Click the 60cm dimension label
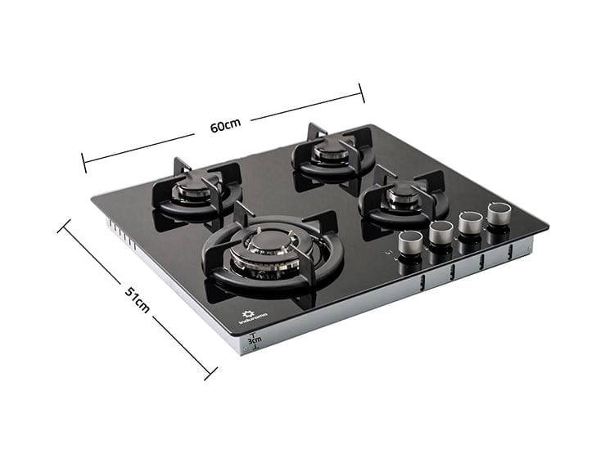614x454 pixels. coord(225,125)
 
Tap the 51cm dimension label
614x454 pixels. coord(138,300)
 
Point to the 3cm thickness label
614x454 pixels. coord(254,340)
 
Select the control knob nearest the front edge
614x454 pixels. coord(411,243)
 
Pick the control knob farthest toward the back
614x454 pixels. coord(499,214)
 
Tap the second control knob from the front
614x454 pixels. coord(441,232)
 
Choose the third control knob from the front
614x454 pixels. coord(470,223)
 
